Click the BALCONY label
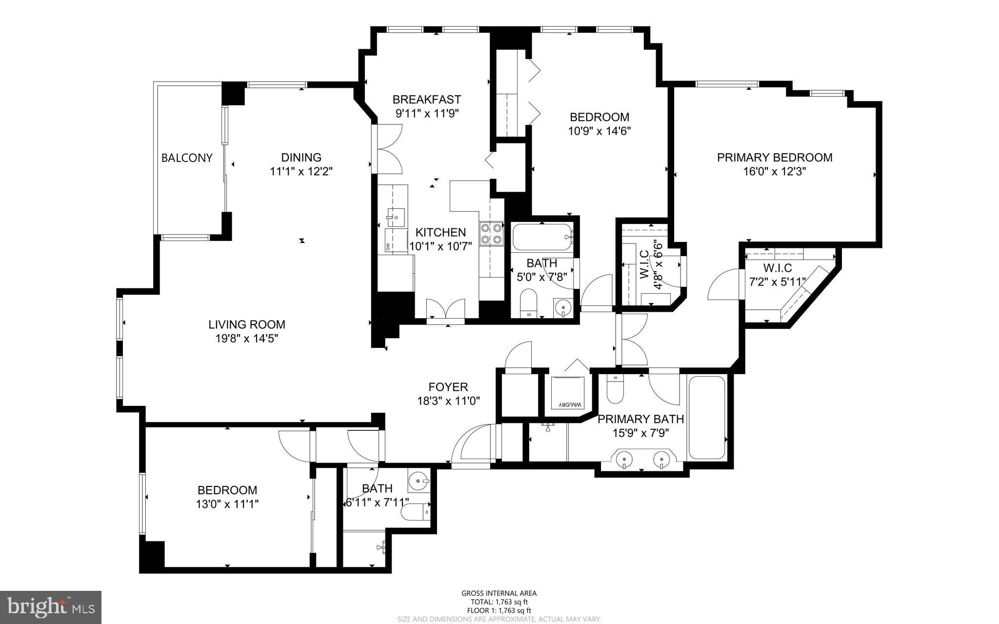pos(187,158)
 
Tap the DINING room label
pos(301,158)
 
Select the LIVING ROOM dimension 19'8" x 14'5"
pos(247,338)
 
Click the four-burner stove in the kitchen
pos(491,233)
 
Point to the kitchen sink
pos(396,216)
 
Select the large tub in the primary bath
pos(706,417)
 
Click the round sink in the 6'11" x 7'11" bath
pos(417,481)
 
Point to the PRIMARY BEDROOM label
pos(774,158)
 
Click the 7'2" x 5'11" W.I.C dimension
pos(777,282)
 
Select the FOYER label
pos(448,387)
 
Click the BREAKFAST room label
pos(426,100)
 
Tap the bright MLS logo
pos(51,607)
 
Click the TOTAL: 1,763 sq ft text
pos(499,602)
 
